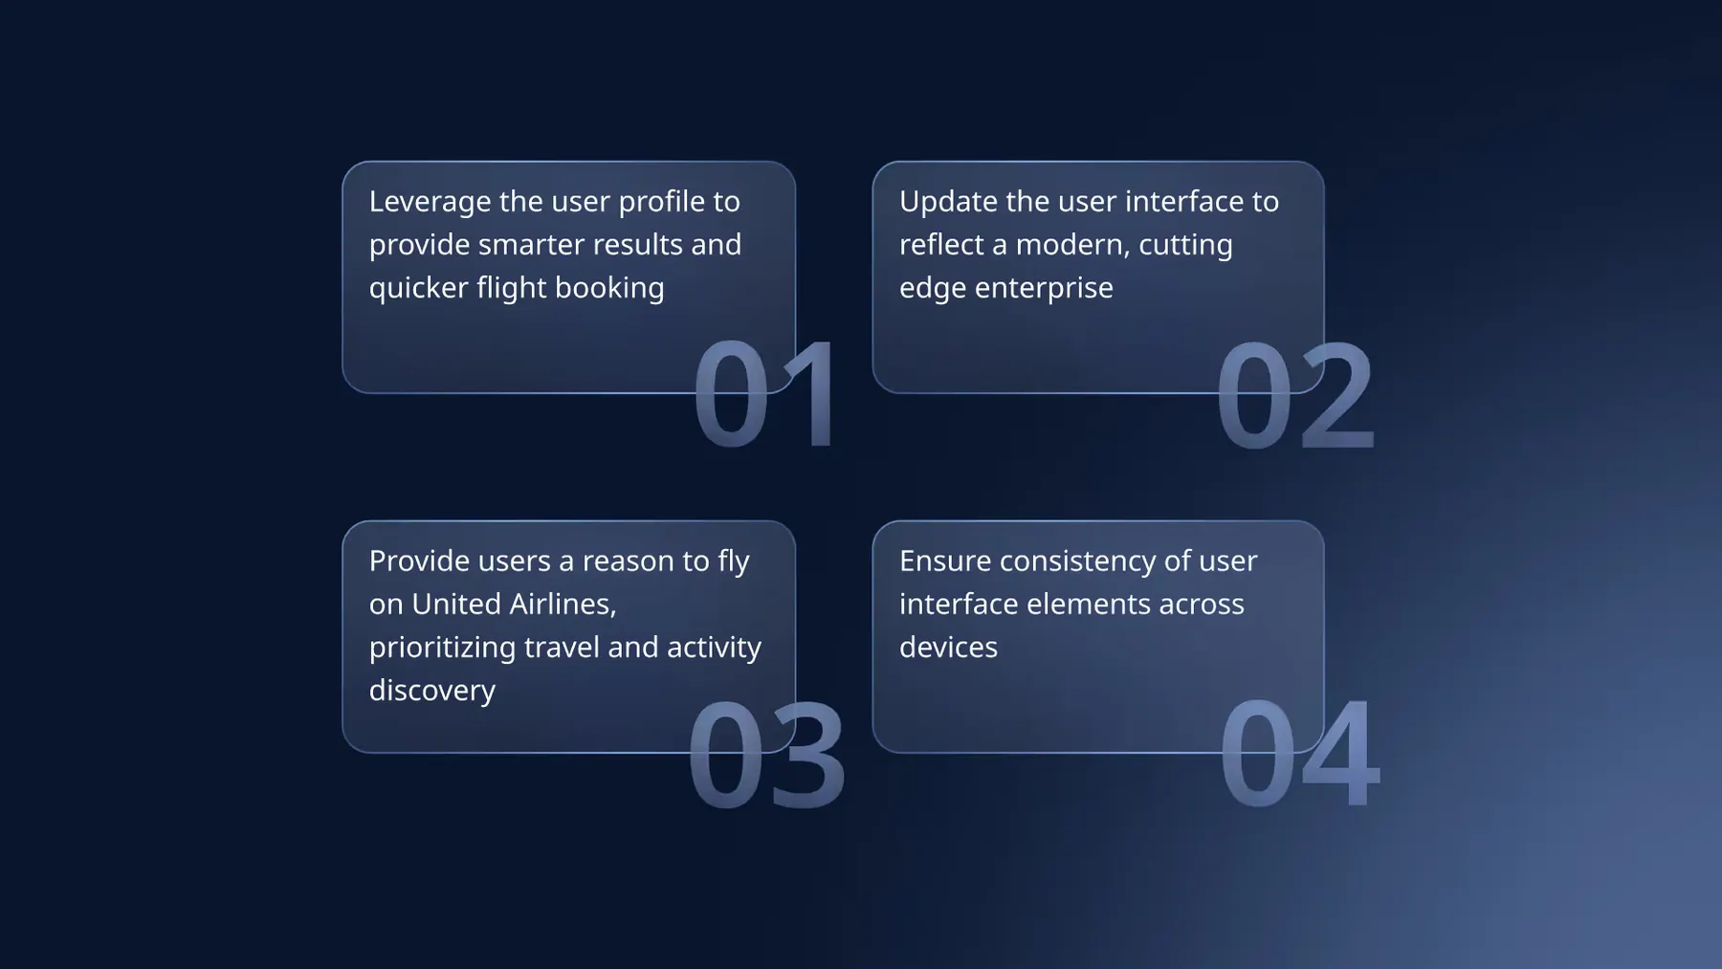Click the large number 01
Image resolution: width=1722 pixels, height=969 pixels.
(x=765, y=393)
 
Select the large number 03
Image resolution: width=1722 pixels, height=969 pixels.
(x=766, y=754)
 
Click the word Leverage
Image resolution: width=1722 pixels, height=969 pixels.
(x=430, y=203)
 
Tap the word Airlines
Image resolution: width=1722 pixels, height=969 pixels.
(x=563, y=605)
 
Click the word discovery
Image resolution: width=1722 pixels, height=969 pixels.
(x=432, y=691)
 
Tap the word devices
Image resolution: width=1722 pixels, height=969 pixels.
(x=948, y=648)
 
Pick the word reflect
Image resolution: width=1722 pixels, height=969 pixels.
(x=941, y=245)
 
